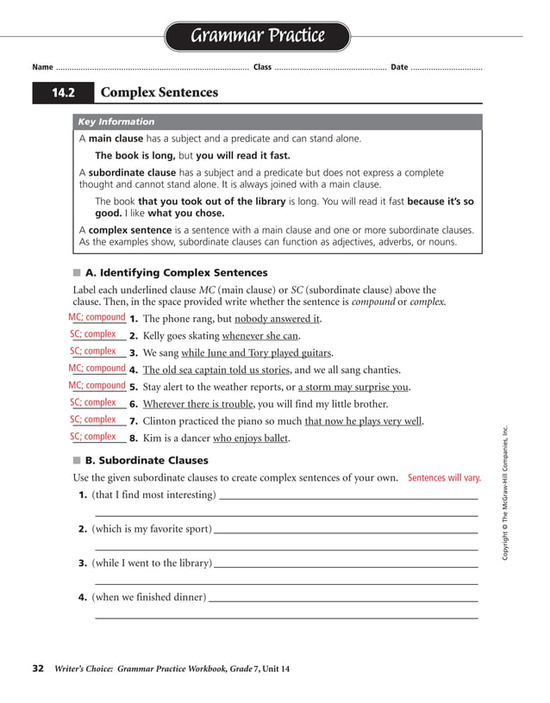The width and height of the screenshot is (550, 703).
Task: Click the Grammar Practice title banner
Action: tap(257, 36)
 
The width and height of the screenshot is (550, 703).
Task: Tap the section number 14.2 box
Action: tap(62, 92)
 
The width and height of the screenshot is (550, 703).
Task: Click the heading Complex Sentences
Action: tap(159, 92)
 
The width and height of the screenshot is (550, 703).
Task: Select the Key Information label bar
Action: tap(116, 121)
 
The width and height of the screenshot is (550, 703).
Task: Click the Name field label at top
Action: tap(42, 67)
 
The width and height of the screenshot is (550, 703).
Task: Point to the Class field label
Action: tap(262, 67)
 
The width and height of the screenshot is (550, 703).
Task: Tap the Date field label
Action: tap(399, 67)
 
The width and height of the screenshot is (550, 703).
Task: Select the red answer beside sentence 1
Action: tap(97, 318)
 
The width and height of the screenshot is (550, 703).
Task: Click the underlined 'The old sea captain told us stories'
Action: tap(216, 370)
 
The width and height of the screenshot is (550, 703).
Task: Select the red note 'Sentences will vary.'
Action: tap(444, 477)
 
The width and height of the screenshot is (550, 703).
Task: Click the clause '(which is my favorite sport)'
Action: tap(152, 529)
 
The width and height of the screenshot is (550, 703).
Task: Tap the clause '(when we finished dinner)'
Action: tap(149, 597)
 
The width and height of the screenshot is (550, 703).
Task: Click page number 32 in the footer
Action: tap(38, 669)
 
